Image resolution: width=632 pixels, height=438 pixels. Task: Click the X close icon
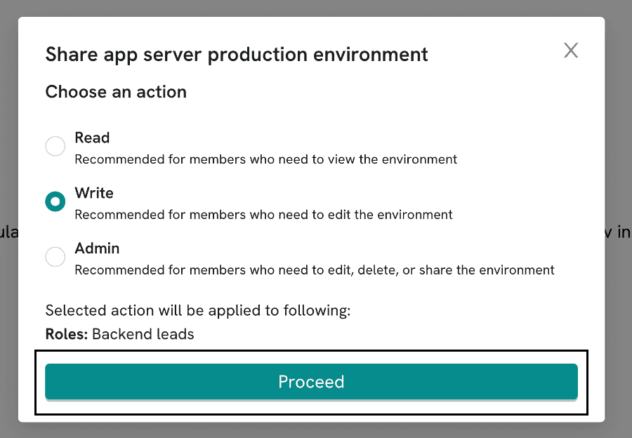[x=571, y=51]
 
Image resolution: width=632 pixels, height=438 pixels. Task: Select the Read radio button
[x=55, y=146]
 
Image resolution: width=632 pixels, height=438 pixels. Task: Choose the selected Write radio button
[x=55, y=201]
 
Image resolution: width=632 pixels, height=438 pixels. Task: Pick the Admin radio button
[x=55, y=257]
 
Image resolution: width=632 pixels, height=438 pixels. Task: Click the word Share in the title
[x=72, y=54]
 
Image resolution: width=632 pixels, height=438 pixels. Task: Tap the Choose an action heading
[x=116, y=92]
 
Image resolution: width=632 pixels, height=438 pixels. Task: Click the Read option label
[x=92, y=138]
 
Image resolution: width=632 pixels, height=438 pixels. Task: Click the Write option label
[x=94, y=193]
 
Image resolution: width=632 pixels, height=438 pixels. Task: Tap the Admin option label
[x=97, y=248]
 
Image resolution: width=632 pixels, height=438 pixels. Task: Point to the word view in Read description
[x=342, y=159]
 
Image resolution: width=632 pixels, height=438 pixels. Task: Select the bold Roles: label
[x=67, y=334]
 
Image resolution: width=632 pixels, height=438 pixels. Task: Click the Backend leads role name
[x=143, y=334]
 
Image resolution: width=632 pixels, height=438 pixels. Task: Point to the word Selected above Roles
[x=77, y=311]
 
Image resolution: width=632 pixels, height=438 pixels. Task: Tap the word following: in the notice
[x=317, y=311]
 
